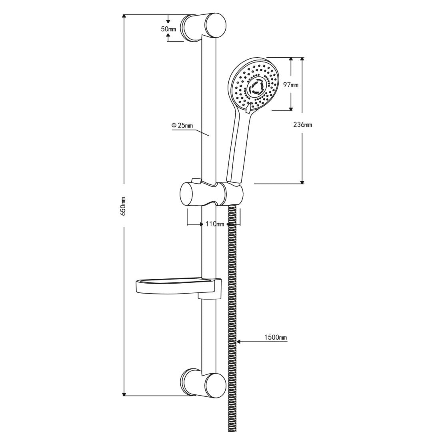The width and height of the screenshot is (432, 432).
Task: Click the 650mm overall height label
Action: click(x=124, y=206)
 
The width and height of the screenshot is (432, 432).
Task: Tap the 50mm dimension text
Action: click(x=168, y=29)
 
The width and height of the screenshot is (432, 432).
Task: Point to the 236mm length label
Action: click(x=302, y=125)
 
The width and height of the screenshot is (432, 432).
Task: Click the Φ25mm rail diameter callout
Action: click(x=182, y=126)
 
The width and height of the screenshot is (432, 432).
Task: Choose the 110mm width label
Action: click(x=214, y=224)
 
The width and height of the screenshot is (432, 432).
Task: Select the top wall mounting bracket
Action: click(x=204, y=26)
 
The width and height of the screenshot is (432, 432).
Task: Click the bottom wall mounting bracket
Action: click(x=204, y=384)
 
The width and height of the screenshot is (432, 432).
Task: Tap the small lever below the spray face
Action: click(x=249, y=107)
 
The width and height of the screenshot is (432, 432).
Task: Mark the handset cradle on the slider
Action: click(x=234, y=194)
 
